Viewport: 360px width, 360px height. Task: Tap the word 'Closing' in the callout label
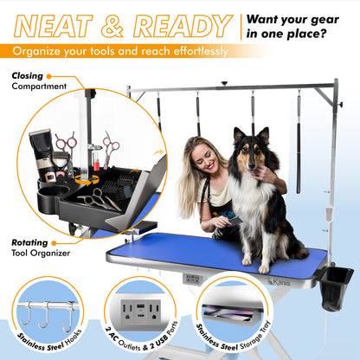pos(28,76)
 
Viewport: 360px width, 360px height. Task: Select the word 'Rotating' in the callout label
pos(31,242)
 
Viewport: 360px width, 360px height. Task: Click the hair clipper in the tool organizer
pos(40,147)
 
